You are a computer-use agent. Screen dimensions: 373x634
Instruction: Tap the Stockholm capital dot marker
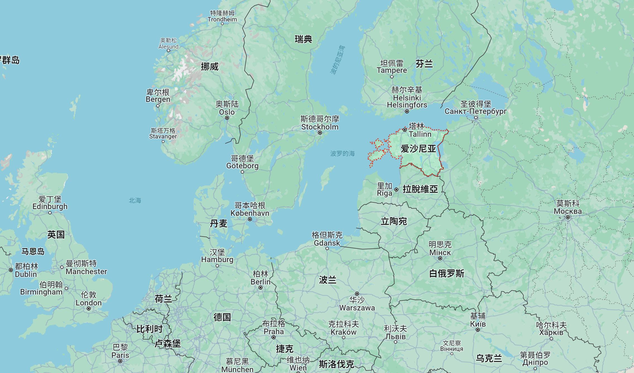tap(320, 133)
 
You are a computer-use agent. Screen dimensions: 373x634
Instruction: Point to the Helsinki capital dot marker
tap(407, 111)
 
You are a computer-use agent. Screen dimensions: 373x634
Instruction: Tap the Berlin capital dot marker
tap(261, 288)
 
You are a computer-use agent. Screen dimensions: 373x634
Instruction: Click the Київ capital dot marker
tap(478, 330)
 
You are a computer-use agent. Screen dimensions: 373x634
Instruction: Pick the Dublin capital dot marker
tap(11, 270)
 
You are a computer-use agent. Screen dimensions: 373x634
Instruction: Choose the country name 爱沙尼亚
tap(418, 149)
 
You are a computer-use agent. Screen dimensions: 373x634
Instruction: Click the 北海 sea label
tap(135, 200)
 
